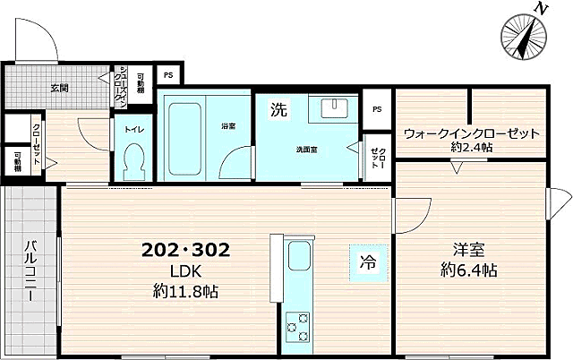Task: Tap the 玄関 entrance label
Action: pyautogui.click(x=60, y=88)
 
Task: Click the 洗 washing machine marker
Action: pyautogui.click(x=278, y=111)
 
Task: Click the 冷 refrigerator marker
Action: pyautogui.click(x=368, y=263)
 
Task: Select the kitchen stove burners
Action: pyautogui.click(x=298, y=327)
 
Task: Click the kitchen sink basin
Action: pyautogui.click(x=298, y=260)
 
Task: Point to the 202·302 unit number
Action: pyautogui.click(x=186, y=253)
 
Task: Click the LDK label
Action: pyautogui.click(x=186, y=272)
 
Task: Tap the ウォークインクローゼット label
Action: pyautogui.click(x=471, y=133)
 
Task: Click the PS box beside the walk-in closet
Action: pyautogui.click(x=377, y=109)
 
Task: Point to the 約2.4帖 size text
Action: pyautogui.click(x=471, y=148)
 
